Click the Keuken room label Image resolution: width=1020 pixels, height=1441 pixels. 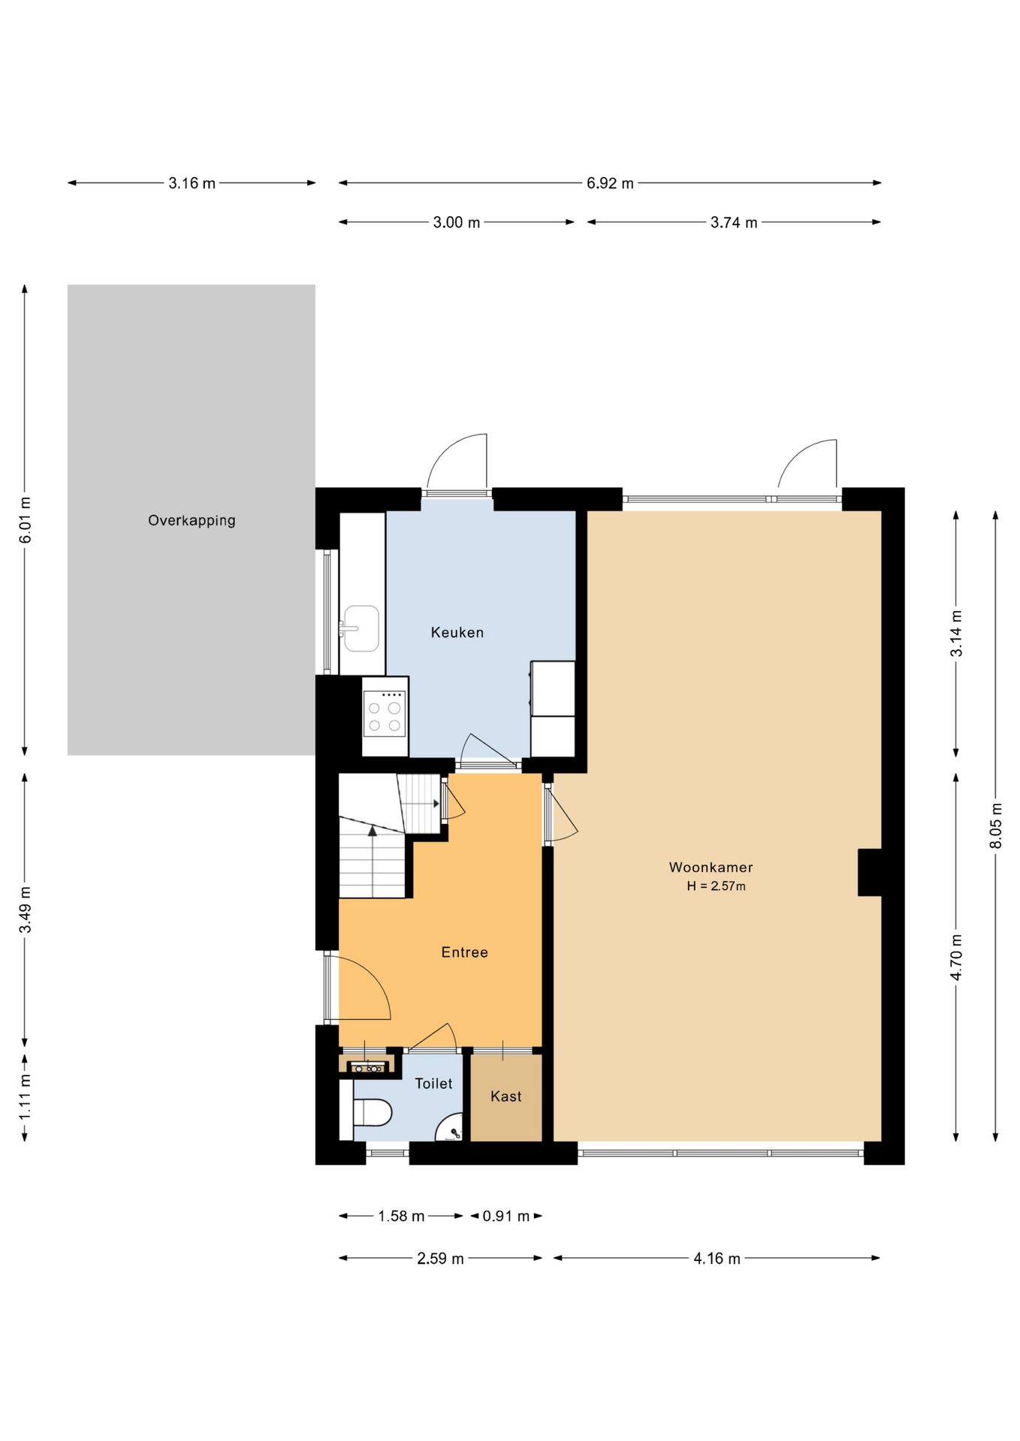click(x=457, y=633)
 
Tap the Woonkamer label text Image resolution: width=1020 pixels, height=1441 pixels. click(x=711, y=868)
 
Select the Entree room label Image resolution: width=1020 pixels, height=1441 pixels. click(x=464, y=952)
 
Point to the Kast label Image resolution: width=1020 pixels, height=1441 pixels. click(x=505, y=1097)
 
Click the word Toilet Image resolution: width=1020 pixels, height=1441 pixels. click(x=433, y=1084)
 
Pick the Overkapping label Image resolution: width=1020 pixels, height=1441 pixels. click(x=192, y=521)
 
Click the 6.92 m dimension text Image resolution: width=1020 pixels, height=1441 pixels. click(x=610, y=183)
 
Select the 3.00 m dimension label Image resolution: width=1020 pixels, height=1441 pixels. click(x=456, y=223)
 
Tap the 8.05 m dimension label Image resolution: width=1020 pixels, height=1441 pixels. click(x=996, y=826)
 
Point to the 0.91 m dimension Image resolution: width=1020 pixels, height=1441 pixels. click(x=505, y=1216)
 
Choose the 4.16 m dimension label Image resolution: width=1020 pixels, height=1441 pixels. click(x=717, y=1259)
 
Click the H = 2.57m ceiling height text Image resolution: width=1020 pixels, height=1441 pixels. click(x=716, y=886)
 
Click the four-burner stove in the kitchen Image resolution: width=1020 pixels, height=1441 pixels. click(x=385, y=713)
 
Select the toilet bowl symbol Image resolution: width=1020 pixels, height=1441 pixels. click(x=372, y=1113)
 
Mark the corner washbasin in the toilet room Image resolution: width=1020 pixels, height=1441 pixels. click(x=451, y=1129)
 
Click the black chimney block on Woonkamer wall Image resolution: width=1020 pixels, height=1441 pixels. click(x=870, y=872)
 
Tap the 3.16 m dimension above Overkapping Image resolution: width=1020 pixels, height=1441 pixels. click(x=192, y=183)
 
